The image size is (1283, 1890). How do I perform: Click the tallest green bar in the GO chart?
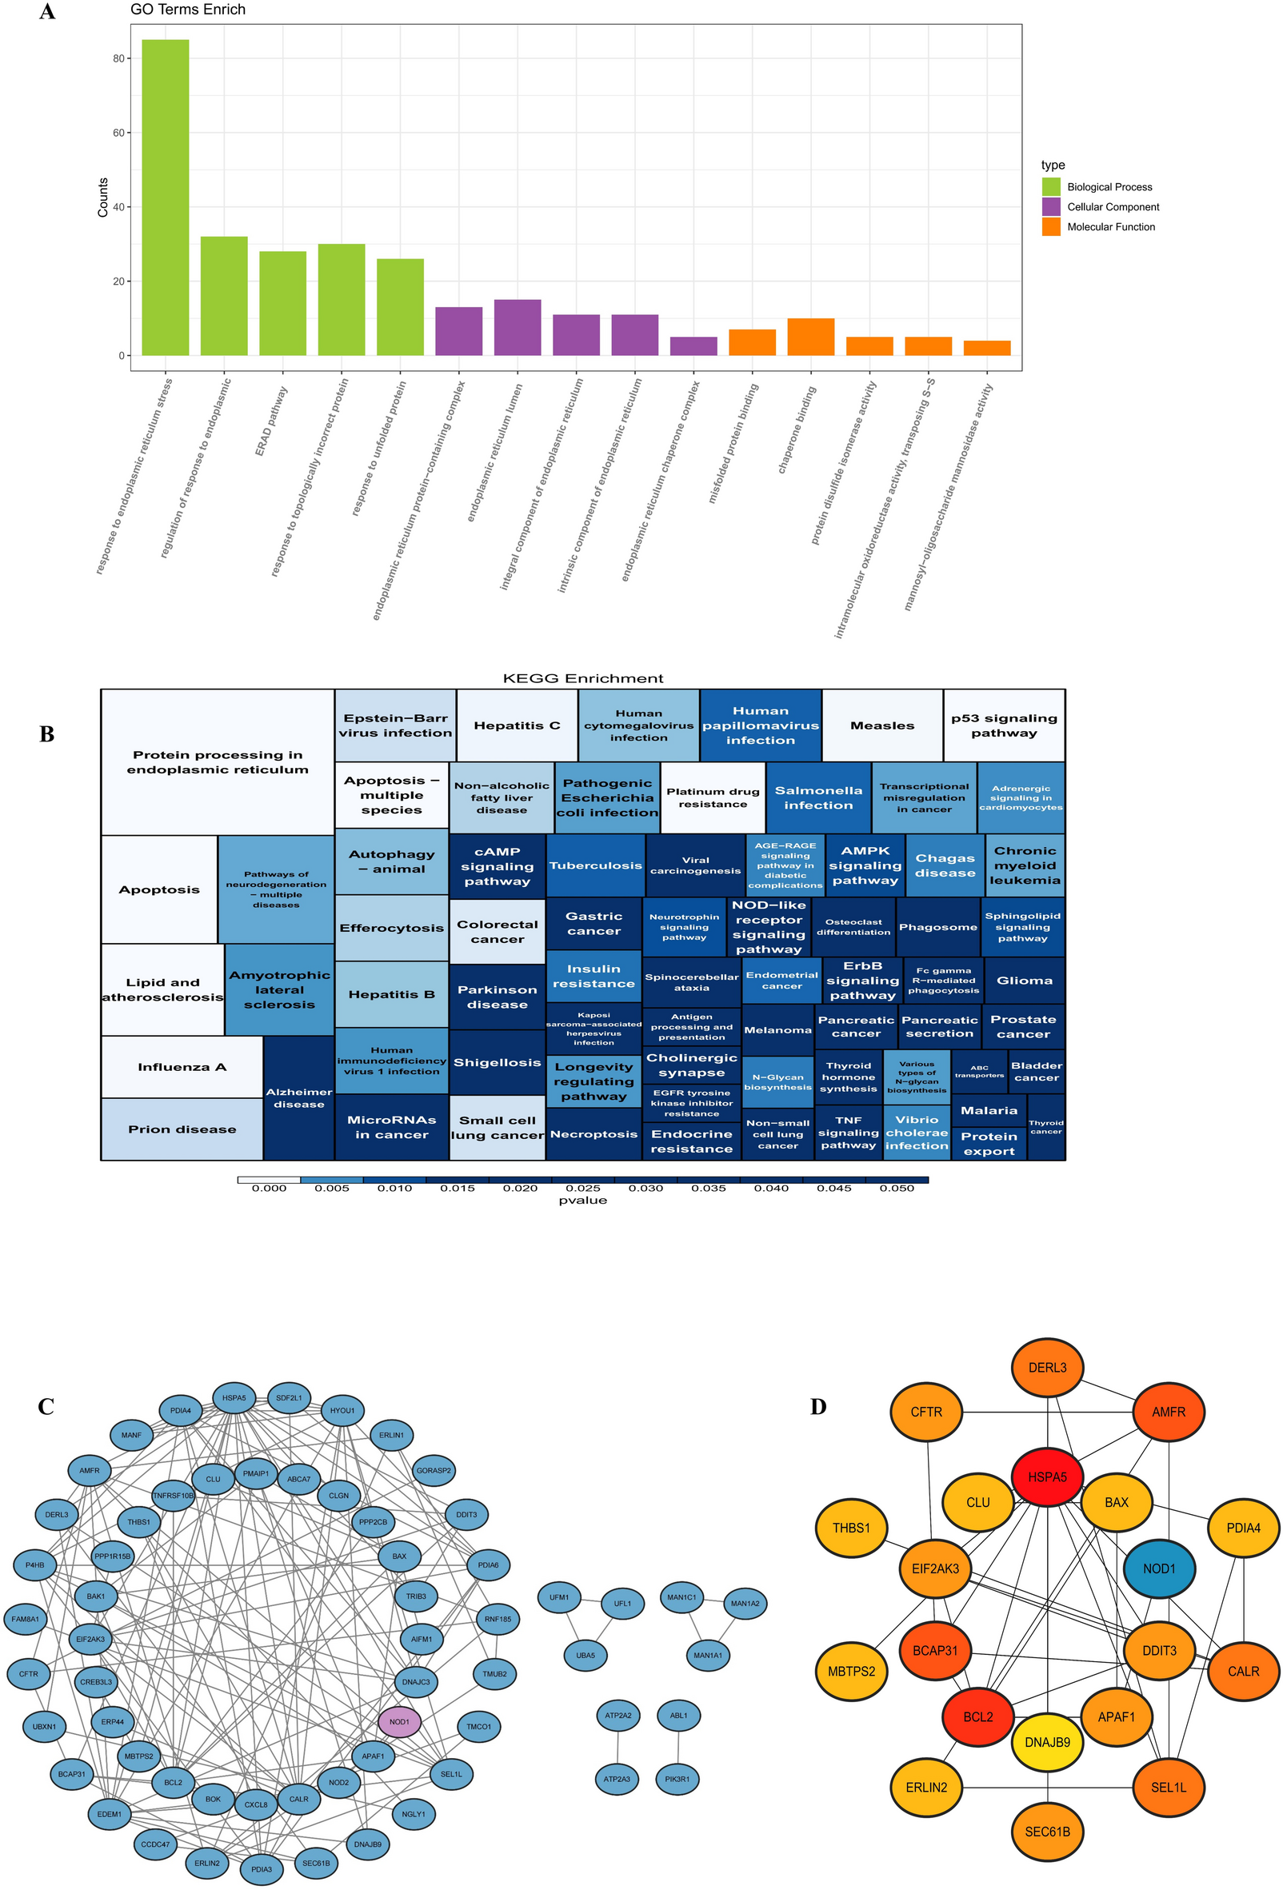tap(165, 198)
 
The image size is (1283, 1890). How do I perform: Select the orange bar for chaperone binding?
tap(810, 337)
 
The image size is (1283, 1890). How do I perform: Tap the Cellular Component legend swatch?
tap(1050, 206)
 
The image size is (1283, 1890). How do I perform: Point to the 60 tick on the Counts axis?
tap(118, 133)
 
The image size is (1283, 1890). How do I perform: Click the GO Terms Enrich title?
tap(188, 10)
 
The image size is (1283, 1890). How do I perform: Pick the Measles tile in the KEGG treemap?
tap(882, 725)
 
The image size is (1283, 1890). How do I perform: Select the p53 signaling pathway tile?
tap(1004, 725)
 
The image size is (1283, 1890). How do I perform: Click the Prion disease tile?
tap(182, 1129)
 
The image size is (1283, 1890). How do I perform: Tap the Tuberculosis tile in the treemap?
tap(595, 865)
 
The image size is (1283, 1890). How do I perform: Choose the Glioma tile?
tap(1025, 981)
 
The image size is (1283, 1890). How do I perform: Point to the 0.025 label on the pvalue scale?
tap(583, 1189)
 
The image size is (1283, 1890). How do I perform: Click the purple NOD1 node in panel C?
tap(399, 1722)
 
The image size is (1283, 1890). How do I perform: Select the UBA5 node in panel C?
tap(586, 1655)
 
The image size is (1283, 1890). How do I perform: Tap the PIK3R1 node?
tap(677, 1779)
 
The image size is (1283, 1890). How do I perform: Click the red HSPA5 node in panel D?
tap(1047, 1476)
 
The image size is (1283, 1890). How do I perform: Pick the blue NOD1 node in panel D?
tap(1158, 1568)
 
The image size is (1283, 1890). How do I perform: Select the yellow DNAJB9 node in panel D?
tap(1047, 1742)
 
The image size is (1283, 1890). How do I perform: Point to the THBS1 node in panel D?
tap(851, 1528)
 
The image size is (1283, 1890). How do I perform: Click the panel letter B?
tap(47, 734)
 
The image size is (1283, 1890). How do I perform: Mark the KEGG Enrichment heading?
tap(583, 678)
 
